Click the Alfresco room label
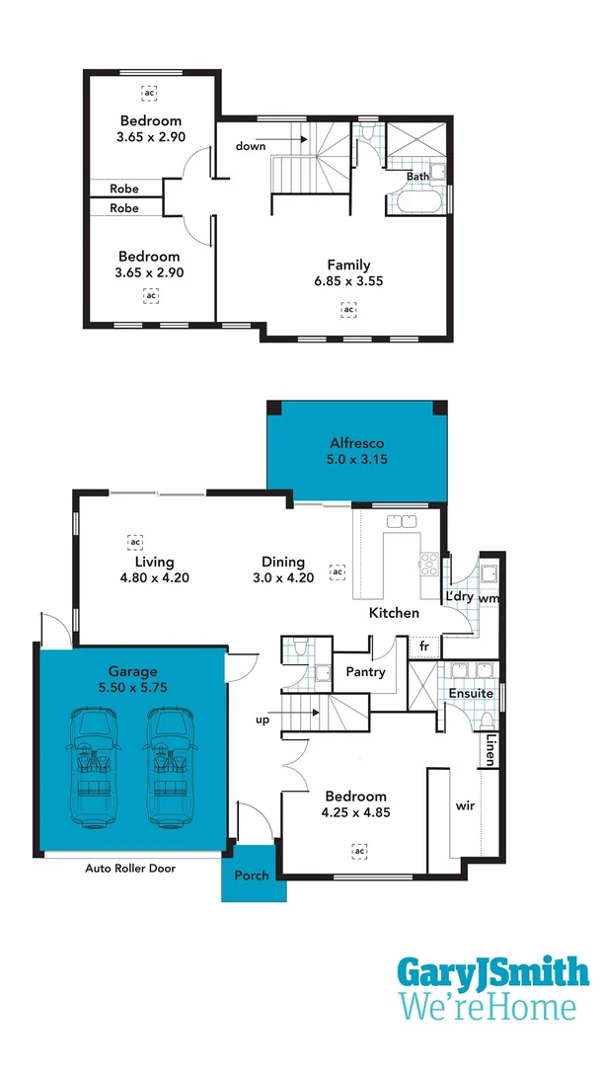tap(356, 443)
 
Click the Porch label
tap(252, 876)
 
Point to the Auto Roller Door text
tap(123, 870)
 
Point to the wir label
tap(465, 806)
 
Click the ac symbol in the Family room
tap(347, 311)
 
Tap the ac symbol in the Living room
tap(135, 542)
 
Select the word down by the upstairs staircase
tap(250, 146)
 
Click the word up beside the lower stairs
tap(263, 720)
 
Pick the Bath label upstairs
tap(417, 177)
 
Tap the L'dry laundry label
tap(459, 598)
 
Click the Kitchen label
tap(394, 613)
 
